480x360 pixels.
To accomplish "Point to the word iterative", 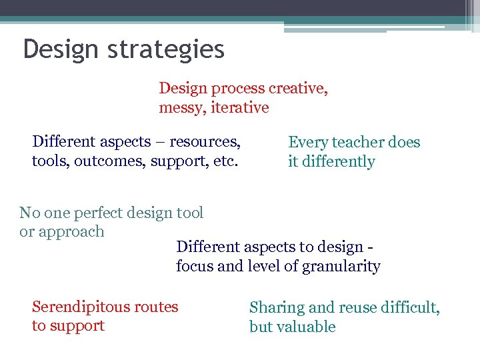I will [x=240, y=107].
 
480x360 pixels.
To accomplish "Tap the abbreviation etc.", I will [x=225, y=161].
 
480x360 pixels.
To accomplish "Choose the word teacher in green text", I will [x=357, y=142].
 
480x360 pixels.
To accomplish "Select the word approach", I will [x=71, y=232].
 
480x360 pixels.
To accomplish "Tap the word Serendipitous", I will [x=81, y=307].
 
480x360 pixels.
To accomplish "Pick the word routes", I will [x=155, y=307].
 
